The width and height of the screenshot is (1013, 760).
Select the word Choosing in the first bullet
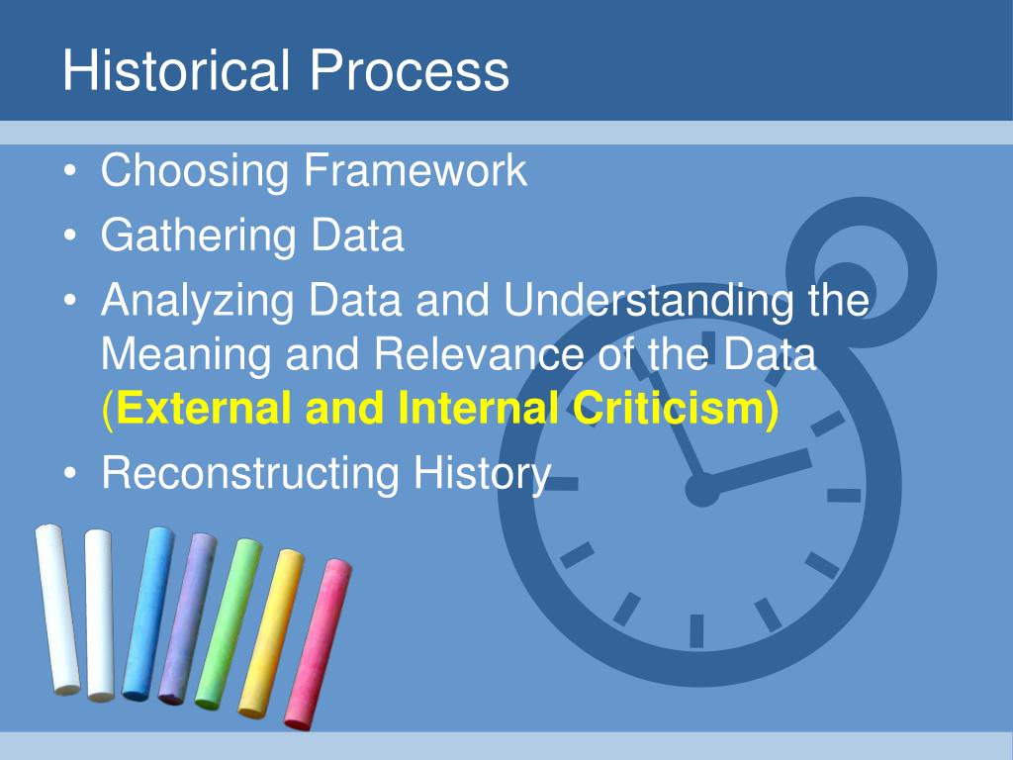pos(194,172)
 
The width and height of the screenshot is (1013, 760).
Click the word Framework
pos(415,170)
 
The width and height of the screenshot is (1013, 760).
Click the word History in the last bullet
pos(482,473)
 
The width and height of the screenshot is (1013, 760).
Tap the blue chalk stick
pos(147,614)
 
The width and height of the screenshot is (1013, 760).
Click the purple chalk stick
pos(187,618)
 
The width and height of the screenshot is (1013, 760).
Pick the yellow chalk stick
pos(270,632)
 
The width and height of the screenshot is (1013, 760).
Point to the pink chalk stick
pos(317,643)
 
